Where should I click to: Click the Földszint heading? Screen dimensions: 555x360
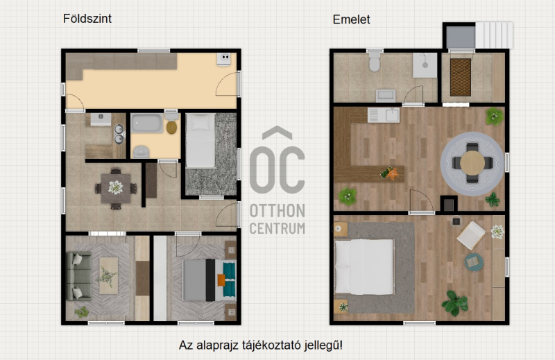[87, 19]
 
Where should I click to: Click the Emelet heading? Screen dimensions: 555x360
[351, 19]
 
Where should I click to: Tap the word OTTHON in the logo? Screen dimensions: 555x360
[277, 211]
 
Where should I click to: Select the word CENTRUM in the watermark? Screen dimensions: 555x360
[277, 228]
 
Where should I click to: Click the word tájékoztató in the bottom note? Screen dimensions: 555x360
[271, 345]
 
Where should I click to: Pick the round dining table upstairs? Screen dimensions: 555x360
[472, 163]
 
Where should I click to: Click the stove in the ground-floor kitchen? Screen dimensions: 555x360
[223, 59]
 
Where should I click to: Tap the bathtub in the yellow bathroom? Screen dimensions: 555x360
[147, 123]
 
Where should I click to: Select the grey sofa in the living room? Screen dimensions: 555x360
[78, 276]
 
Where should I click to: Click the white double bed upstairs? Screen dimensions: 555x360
[364, 267]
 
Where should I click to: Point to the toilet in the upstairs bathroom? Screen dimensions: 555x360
[375, 61]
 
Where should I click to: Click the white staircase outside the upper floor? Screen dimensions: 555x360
[494, 35]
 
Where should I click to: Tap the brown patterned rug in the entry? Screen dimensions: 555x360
[461, 77]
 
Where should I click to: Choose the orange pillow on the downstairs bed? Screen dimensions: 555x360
[221, 280]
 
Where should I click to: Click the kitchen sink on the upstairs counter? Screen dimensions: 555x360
[384, 115]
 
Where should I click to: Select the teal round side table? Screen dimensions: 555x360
[474, 262]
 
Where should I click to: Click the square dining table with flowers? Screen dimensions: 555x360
[116, 188]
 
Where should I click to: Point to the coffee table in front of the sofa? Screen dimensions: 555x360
[108, 275]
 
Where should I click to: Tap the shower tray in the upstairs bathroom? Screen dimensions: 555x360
[425, 65]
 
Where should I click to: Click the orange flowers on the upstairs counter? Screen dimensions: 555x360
[392, 173]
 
